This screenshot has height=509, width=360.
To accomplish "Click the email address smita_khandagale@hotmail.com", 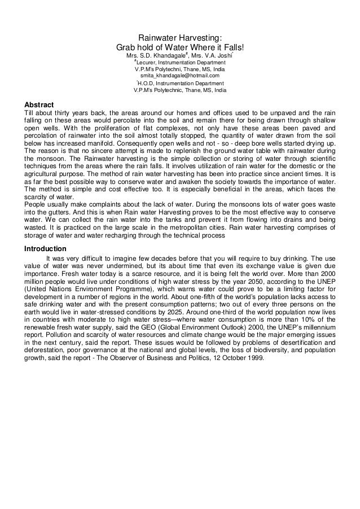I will [180, 76].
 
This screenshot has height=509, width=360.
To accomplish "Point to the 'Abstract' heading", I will [38, 105].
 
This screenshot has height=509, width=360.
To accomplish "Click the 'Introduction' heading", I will [45, 249].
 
